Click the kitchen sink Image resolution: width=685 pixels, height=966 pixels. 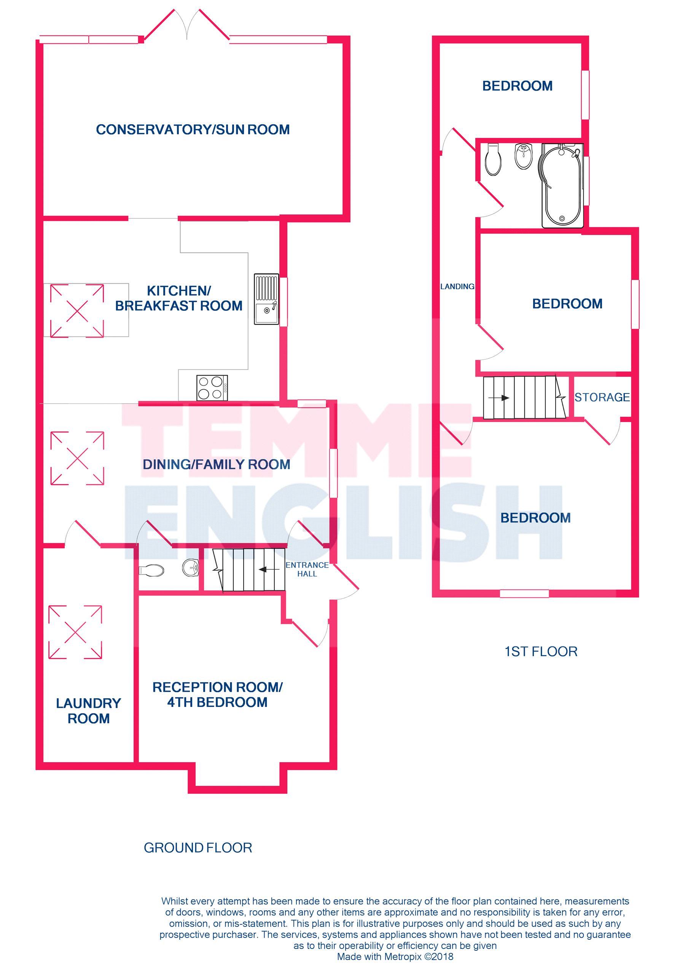(x=266, y=299)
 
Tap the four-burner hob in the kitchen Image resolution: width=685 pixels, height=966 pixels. (x=212, y=388)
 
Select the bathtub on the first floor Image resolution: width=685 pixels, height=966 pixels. (x=562, y=186)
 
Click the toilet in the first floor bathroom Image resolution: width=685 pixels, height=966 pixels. (x=493, y=160)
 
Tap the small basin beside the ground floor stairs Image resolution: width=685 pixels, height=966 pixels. (x=191, y=568)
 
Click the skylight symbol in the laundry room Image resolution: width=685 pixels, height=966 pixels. (x=75, y=632)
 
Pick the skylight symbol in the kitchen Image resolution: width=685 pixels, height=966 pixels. (x=77, y=311)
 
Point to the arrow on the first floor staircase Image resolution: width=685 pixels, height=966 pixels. (x=499, y=398)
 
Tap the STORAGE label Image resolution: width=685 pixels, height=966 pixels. (x=602, y=397)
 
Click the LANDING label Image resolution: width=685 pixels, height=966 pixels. (x=457, y=286)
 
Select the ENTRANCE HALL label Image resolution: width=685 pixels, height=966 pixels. (x=307, y=569)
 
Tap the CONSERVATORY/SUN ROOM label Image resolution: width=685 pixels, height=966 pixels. (x=193, y=129)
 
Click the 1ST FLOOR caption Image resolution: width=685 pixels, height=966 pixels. (x=541, y=651)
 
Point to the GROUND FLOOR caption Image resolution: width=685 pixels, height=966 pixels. (x=198, y=848)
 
